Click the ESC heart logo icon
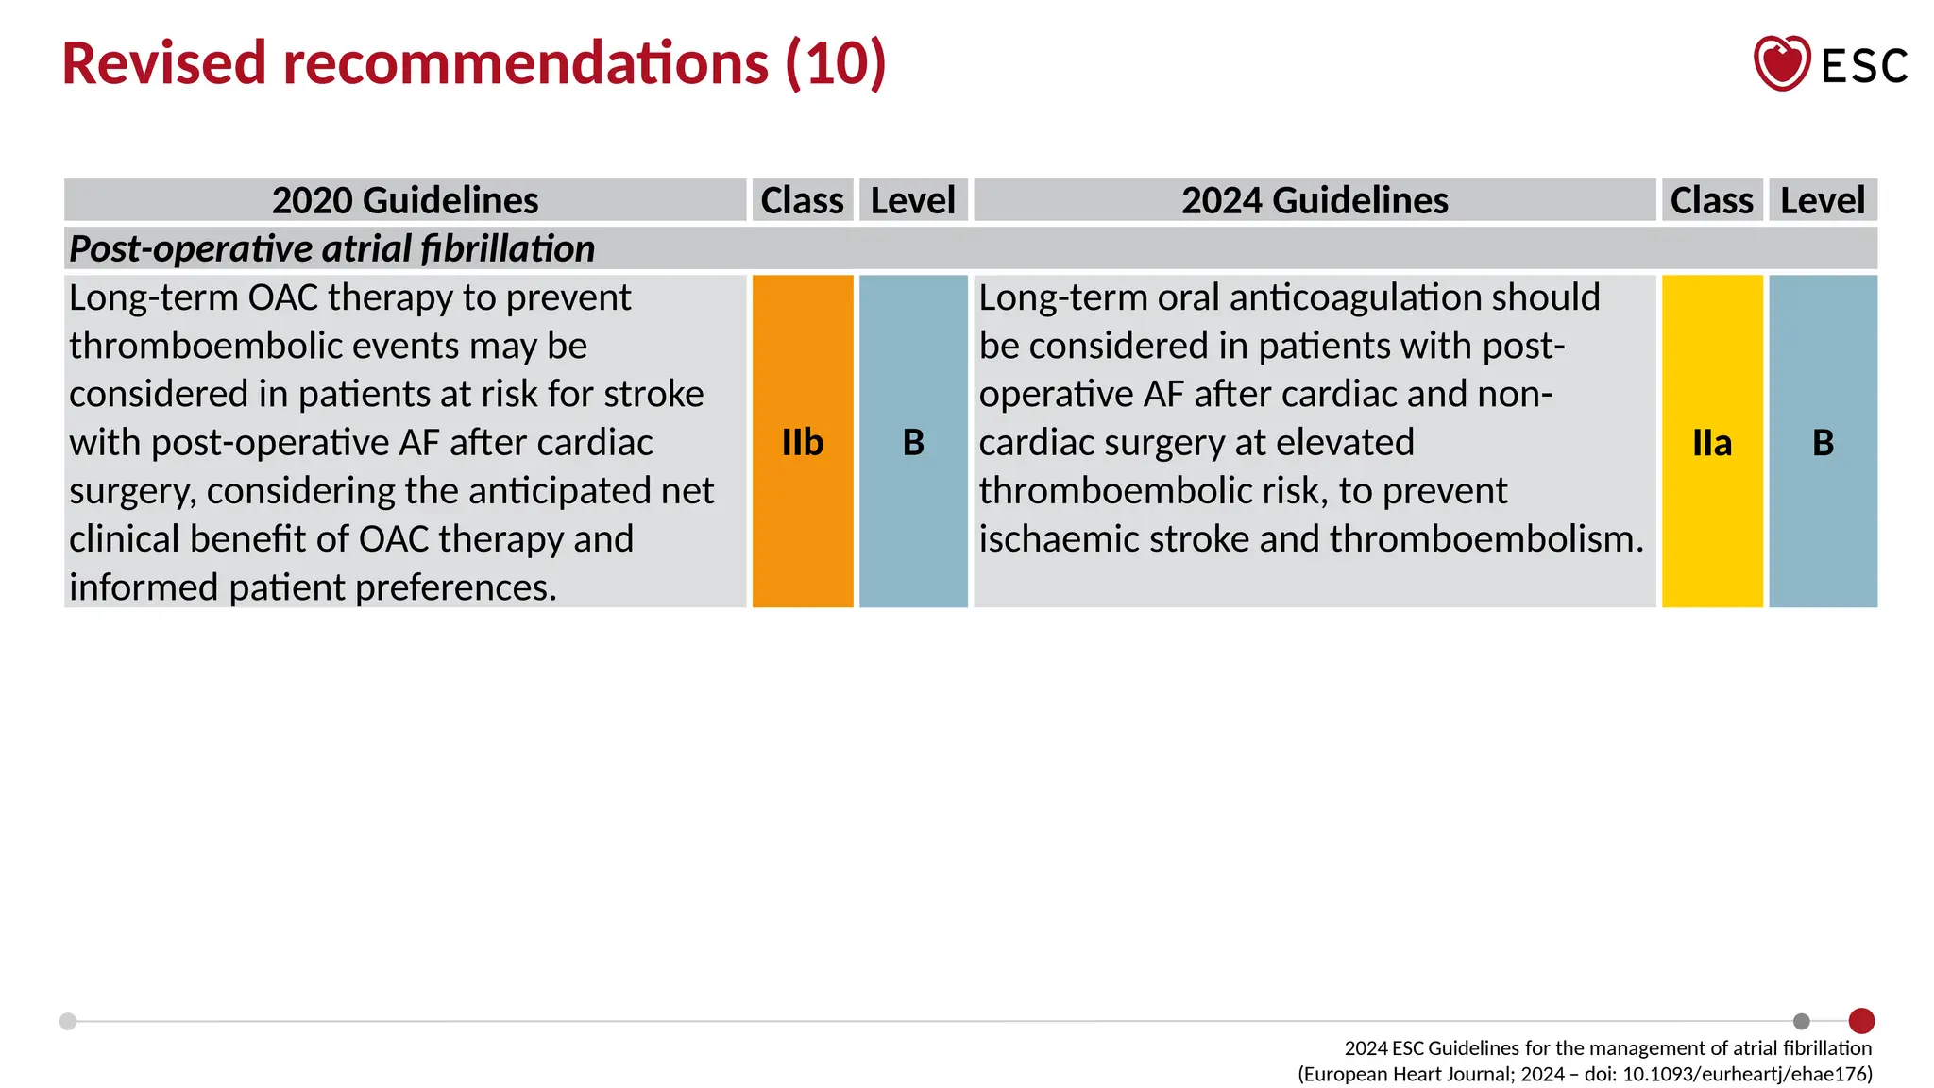coord(1781,63)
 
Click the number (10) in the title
coord(836,63)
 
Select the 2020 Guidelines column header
coord(405,200)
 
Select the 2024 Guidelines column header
coord(1315,200)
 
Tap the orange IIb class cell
coord(803,442)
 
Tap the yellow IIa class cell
coord(1712,442)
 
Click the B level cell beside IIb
coord(913,442)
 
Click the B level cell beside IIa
coord(1823,442)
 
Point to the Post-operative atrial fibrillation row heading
coord(331,248)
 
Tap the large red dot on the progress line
coord(1861,1021)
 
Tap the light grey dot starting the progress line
coord(68,1021)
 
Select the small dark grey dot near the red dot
coord(1802,1021)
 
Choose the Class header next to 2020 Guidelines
coord(803,200)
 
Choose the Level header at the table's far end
coord(1823,200)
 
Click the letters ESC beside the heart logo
coord(1864,66)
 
